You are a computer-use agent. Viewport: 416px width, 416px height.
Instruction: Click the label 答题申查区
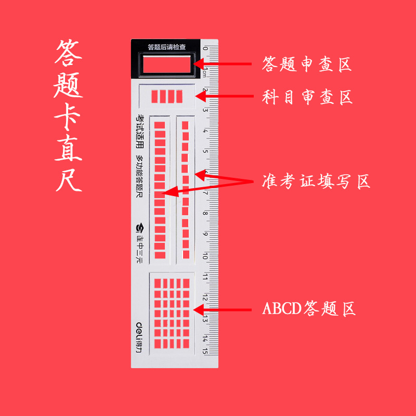(x=307, y=64)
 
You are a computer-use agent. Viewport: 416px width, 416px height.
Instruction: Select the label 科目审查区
(x=307, y=97)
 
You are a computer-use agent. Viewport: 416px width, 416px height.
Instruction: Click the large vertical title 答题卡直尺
(x=69, y=116)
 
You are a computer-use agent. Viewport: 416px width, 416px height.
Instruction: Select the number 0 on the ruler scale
(x=205, y=49)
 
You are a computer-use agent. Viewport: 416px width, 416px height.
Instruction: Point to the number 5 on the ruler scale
(x=205, y=152)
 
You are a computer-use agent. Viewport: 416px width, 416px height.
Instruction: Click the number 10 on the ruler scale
(x=205, y=256)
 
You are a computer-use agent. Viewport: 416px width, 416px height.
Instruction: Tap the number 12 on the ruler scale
(x=205, y=297)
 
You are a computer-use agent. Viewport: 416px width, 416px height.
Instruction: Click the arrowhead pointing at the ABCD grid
(x=197, y=309)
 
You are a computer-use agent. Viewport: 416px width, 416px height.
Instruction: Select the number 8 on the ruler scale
(x=205, y=214)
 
